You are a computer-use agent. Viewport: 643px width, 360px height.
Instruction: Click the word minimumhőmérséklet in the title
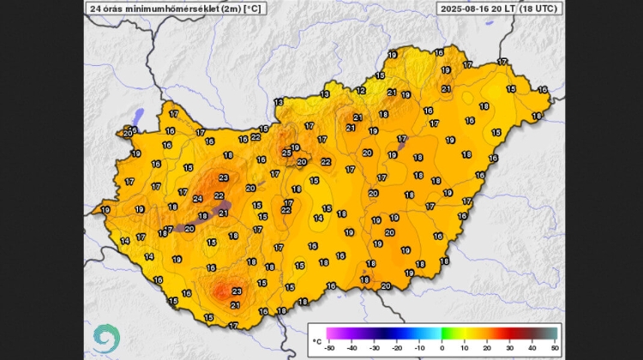point(170,9)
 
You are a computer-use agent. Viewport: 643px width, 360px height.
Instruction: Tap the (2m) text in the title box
point(230,9)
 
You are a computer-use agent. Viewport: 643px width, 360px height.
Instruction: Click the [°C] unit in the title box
point(254,9)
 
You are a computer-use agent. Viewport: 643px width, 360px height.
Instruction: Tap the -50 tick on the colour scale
point(328,347)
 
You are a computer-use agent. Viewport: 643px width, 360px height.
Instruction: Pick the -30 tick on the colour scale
point(374,347)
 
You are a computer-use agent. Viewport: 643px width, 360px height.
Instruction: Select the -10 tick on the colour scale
point(419,347)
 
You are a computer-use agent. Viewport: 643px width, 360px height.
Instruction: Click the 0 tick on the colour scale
point(442,347)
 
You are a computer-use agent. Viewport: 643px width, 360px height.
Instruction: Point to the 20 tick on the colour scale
point(488,347)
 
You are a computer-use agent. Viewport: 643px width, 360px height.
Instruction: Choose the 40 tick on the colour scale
point(533,347)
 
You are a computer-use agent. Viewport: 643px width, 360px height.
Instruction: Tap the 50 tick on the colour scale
point(556,347)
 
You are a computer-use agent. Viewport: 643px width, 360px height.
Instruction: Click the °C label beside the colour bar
point(316,340)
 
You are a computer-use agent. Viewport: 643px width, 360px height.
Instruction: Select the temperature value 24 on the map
point(198,199)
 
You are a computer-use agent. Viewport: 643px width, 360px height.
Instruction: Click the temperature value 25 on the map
point(287,153)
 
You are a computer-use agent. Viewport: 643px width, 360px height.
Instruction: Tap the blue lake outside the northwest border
point(137,116)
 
